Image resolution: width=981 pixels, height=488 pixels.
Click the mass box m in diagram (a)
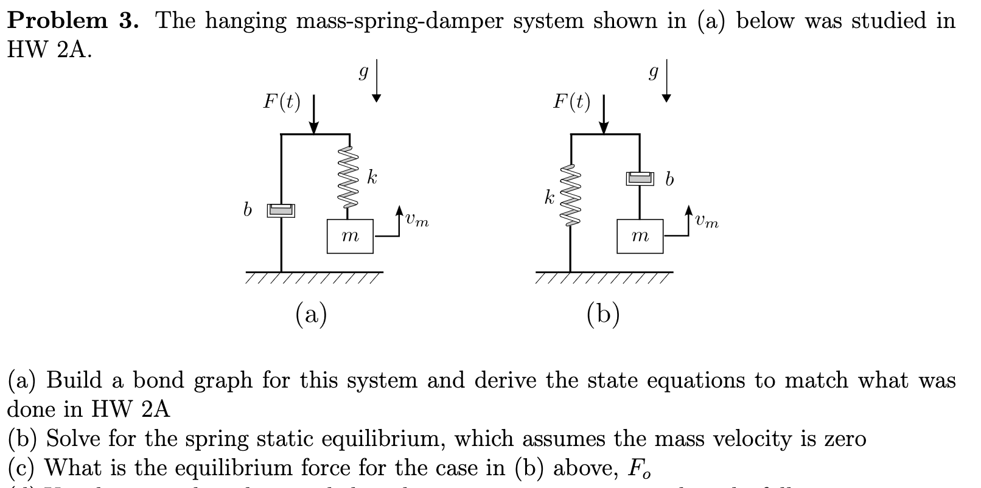tap(350, 236)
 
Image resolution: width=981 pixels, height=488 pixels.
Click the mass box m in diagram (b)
tap(640, 236)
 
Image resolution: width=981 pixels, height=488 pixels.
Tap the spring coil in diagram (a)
tap(349, 177)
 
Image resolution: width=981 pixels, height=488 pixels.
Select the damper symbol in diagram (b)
tap(639, 178)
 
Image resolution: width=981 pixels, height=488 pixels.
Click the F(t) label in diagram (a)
tap(281, 102)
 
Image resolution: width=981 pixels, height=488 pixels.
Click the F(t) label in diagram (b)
tap(571, 102)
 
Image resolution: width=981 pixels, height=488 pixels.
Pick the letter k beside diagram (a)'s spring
tap(372, 178)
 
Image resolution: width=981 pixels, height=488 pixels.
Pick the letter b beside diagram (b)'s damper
tap(669, 180)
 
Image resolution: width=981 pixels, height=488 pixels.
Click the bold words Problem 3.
tap(74, 21)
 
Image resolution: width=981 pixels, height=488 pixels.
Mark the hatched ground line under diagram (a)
tap(313, 276)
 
